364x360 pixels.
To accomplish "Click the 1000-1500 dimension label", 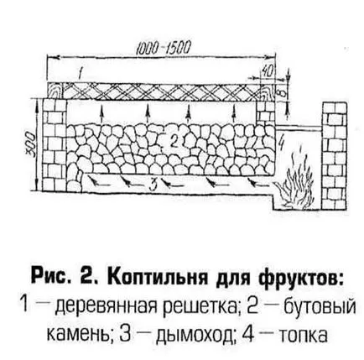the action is tap(164, 48).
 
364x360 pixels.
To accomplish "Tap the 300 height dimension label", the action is tap(31, 144).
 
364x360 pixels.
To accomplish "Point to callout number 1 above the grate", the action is tap(81, 74).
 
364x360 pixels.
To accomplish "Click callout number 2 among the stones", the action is tap(174, 142).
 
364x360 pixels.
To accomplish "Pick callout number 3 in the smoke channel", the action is tap(153, 185).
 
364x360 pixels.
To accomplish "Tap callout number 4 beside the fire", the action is tap(282, 143).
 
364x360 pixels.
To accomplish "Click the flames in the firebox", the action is tap(295, 179).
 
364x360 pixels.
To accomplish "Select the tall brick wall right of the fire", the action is tap(335, 156).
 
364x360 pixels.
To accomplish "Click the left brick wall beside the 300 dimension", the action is tap(55, 145).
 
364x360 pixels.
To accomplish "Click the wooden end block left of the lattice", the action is tap(55, 91).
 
